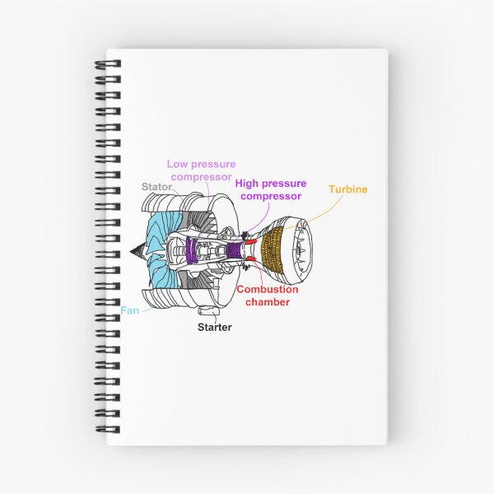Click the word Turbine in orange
[348, 189]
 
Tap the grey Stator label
[156, 187]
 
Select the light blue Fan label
[129, 310]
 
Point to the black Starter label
[215, 327]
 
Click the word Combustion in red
[268, 289]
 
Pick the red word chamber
[268, 302]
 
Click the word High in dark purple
[245, 184]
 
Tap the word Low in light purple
[177, 164]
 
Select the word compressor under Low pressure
[202, 177]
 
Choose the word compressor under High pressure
[271, 196]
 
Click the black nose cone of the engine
[137, 251]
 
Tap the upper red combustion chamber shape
[251, 241]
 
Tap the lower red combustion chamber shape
[251, 259]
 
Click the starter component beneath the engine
[208, 310]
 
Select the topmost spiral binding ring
[108, 64]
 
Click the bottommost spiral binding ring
[108, 429]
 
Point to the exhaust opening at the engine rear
[301, 250]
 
